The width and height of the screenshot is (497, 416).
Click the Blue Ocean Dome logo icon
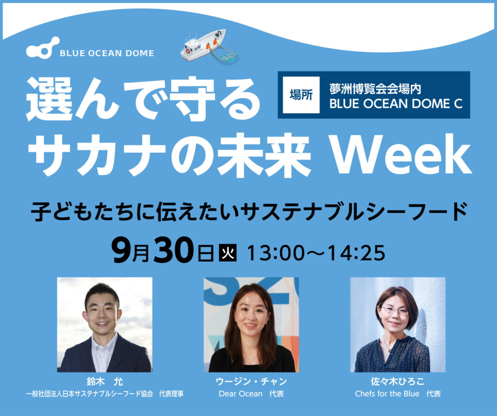coord(42,48)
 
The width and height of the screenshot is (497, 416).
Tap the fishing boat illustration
coord(209,46)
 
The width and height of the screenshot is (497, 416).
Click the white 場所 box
coord(301,95)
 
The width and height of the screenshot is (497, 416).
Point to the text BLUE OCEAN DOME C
coord(396,104)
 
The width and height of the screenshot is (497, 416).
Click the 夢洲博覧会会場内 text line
coord(375,89)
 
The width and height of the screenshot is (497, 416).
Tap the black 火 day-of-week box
coord(228,253)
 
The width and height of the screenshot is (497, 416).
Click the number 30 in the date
coord(173,250)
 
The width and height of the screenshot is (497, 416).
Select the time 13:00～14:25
coord(315,253)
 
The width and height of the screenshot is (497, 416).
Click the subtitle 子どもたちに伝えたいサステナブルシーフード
coord(249,212)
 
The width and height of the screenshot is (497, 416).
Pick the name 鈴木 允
coord(105,381)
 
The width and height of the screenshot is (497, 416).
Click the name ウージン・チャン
coord(251,381)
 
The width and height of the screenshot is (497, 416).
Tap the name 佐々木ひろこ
coord(398,381)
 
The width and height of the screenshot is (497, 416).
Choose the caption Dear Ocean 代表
coord(251,394)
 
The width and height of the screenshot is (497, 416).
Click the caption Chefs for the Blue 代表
coord(398,394)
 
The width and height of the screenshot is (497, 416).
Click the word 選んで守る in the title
coord(143,99)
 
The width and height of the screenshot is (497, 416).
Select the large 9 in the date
coord(122,250)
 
